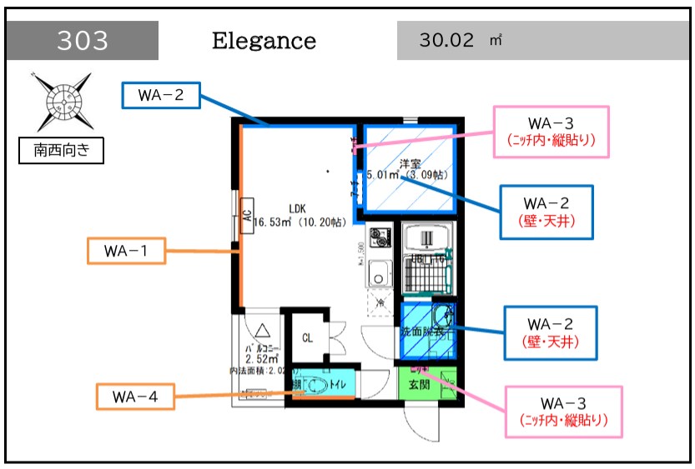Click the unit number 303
[83, 40]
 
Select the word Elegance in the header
[264, 40]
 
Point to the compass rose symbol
[62, 101]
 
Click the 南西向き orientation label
[62, 151]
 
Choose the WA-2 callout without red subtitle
[162, 95]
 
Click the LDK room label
[298, 209]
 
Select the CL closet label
[307, 338]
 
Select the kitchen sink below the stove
[380, 272]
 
